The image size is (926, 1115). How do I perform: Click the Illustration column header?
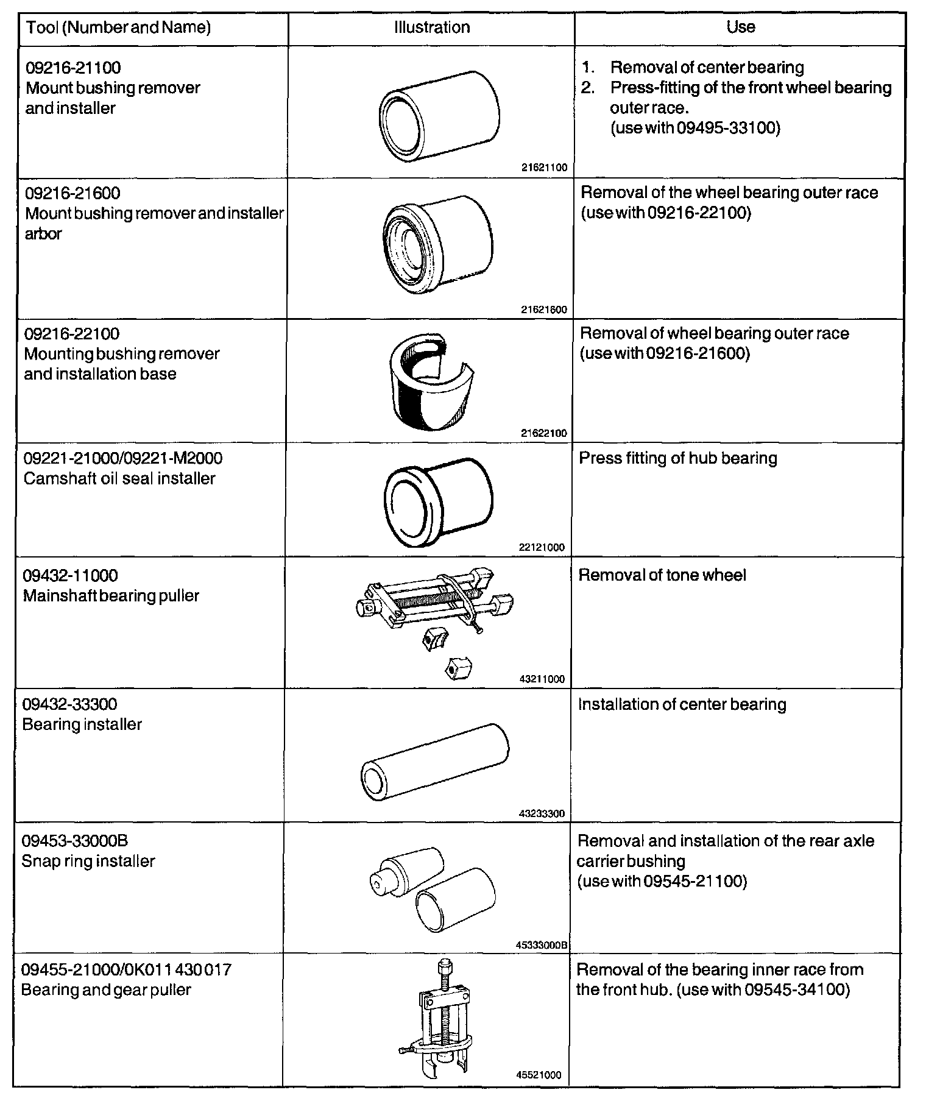pos(432,27)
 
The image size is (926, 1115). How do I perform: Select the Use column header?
pos(740,27)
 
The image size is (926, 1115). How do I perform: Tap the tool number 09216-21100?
pos(73,67)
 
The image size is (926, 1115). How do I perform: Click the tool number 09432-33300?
pos(69,704)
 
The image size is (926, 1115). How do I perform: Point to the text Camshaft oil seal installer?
pos(119,478)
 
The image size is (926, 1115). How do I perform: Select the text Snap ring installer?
pos(88,861)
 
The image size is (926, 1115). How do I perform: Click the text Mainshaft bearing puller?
pos(111,595)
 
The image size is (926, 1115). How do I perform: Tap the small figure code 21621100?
pos(544,167)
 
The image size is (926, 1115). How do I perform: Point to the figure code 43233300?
pos(542,813)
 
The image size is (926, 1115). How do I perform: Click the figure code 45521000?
pos(539,1075)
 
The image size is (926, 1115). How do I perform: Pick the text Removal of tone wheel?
pos(662,575)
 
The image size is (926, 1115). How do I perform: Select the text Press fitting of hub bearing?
pos(677,458)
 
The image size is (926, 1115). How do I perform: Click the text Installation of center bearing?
pos(682,704)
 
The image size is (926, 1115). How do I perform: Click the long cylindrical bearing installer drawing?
pos(434,764)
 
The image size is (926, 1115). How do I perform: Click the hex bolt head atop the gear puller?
pos(443,967)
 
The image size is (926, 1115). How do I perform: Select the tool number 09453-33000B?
pos(75,841)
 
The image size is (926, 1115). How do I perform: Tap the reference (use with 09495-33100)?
pos(694,128)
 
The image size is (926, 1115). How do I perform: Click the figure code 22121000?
pos(542,547)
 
